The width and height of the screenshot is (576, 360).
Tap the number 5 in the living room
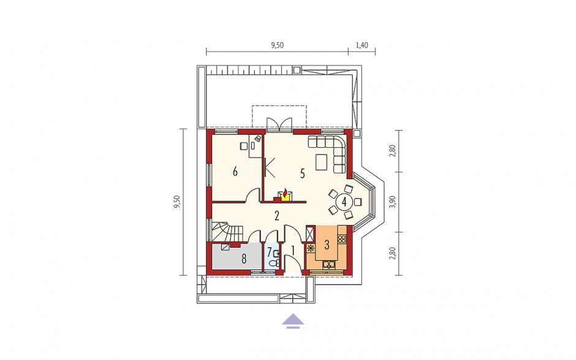(302, 174)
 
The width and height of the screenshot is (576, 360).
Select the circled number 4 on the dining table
(344, 201)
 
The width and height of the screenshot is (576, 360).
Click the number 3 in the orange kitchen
(327, 244)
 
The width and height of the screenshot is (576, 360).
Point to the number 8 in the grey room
(243, 259)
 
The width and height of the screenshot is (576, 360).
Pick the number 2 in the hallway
(276, 215)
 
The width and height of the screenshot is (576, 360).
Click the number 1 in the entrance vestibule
(293, 250)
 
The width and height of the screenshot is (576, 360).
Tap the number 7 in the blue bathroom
(269, 252)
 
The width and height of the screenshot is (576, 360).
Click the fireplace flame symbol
(285, 194)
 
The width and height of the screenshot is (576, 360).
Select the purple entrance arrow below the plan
(293, 320)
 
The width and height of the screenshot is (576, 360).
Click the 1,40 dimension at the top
(362, 45)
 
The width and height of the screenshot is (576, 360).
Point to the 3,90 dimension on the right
(393, 202)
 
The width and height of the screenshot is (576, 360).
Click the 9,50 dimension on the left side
(177, 202)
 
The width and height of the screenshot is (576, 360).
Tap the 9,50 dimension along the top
(278, 45)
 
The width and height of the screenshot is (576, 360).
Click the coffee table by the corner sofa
(321, 162)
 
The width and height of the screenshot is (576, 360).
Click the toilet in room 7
(275, 262)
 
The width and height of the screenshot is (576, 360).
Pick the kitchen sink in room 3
(329, 264)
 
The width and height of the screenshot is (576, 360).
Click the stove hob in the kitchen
(342, 239)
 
